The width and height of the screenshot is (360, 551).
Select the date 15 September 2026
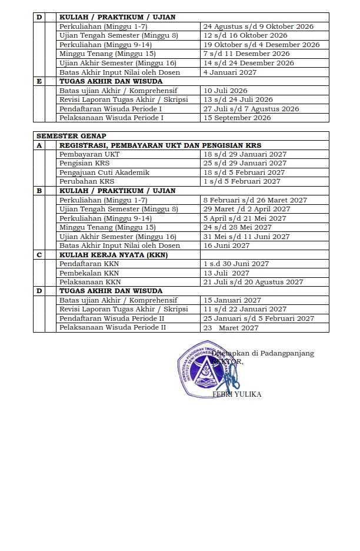pyautogui.click(x=237, y=118)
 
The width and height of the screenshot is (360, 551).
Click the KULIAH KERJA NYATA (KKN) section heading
pyautogui.click(x=114, y=254)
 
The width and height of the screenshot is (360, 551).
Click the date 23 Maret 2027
pyautogui.click(x=231, y=328)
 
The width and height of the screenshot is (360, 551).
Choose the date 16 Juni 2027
pyautogui.click(x=226, y=245)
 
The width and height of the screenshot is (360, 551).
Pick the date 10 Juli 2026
pyautogui.click(x=225, y=91)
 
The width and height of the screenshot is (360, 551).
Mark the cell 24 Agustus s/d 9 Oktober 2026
pyautogui.click(x=258, y=26)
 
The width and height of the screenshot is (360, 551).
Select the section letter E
pyautogui.click(x=39, y=81)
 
